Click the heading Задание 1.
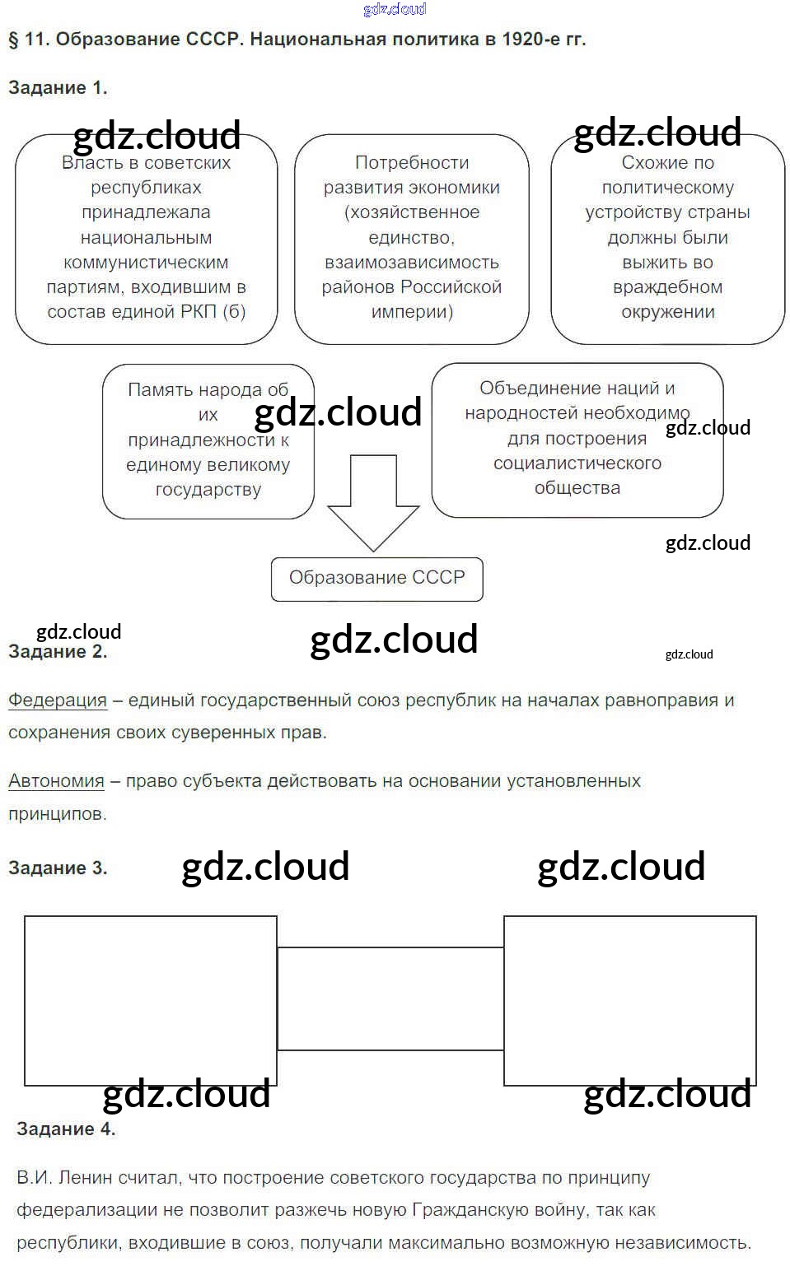click(x=58, y=88)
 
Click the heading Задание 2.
click(x=58, y=652)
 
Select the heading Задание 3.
click(x=58, y=868)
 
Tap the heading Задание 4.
click(x=66, y=1129)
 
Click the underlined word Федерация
click(x=58, y=700)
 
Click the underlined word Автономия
click(x=56, y=781)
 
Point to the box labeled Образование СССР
click(x=376, y=579)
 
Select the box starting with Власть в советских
click(x=146, y=239)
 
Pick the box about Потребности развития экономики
click(x=411, y=239)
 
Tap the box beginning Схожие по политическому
click(x=667, y=239)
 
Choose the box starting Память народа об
click(x=208, y=441)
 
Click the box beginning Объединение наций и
click(x=577, y=440)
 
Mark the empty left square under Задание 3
click(x=150, y=1000)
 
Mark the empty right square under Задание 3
click(x=629, y=1000)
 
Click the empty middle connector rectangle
click(x=390, y=998)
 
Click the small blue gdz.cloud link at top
click(x=395, y=9)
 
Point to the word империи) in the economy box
click(x=412, y=312)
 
